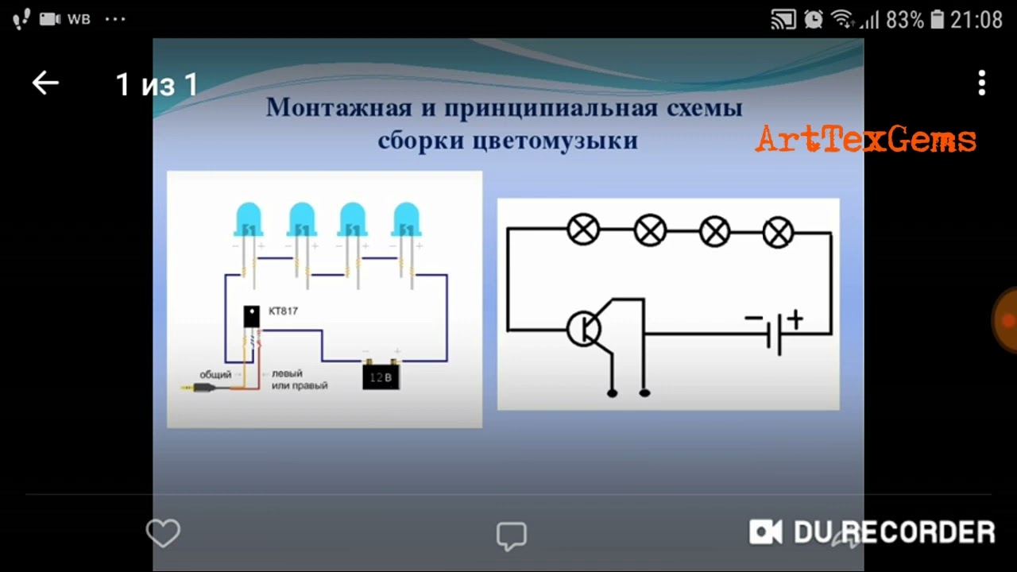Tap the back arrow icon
tap(45, 83)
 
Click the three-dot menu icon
tap(982, 83)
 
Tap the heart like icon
tap(163, 533)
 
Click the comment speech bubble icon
tap(511, 535)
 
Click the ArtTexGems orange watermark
tap(865, 139)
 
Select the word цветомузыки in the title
tap(555, 141)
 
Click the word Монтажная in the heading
tap(339, 107)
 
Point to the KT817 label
tap(283, 311)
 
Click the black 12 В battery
tap(381, 376)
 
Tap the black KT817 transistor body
tap(251, 316)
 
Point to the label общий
tap(215, 373)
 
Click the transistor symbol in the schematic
tap(585, 328)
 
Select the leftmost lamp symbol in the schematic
tap(584, 230)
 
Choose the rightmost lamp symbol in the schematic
tap(778, 233)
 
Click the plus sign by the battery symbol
tap(795, 319)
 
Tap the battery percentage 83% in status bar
tap(905, 20)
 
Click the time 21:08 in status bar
tap(976, 20)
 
